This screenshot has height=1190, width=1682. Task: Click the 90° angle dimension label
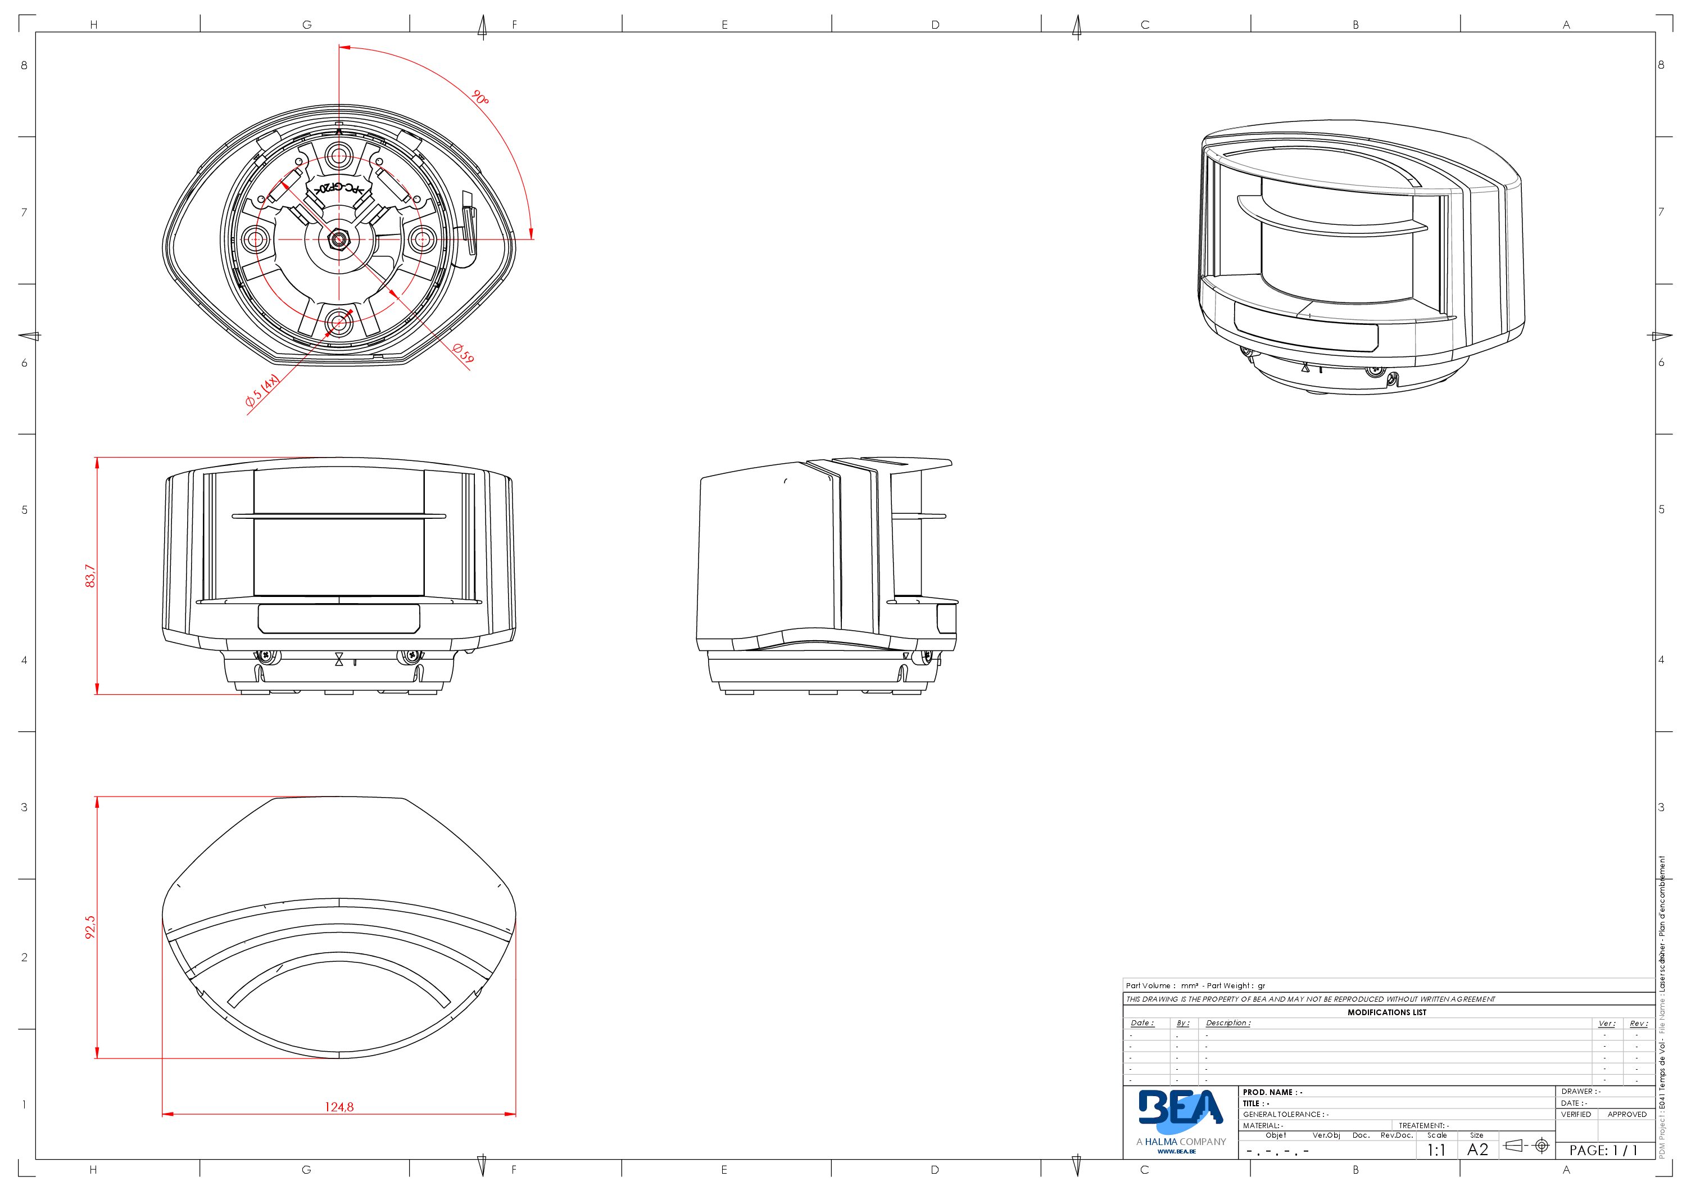coord(480,97)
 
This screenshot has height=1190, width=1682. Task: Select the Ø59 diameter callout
coord(463,353)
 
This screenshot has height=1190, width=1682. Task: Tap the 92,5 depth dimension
coord(90,927)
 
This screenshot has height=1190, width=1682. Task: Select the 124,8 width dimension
coord(339,1106)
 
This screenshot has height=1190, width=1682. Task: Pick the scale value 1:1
coord(1436,1150)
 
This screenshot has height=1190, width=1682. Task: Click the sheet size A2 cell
coord(1477,1150)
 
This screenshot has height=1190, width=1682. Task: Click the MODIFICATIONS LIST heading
coord(1387,1012)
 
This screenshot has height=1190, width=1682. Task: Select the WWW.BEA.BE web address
coord(1177,1151)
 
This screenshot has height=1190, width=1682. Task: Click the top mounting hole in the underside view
coord(339,155)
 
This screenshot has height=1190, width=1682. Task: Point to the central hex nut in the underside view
coord(339,239)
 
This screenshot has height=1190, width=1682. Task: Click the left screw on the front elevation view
coord(268,655)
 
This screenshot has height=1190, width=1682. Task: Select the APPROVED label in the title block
coord(1626,1114)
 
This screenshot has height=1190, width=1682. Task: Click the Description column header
coord(1228,1023)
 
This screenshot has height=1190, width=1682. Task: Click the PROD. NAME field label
coord(1272,1092)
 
